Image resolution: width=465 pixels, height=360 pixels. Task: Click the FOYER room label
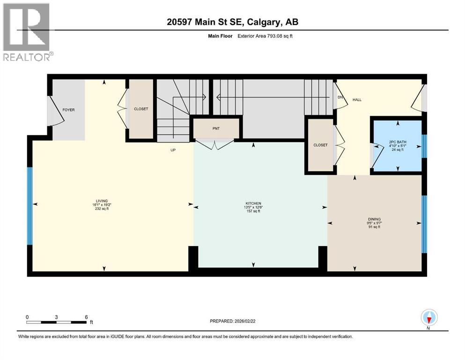pyautogui.click(x=68, y=110)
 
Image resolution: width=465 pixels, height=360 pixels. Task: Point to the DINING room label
pyautogui.click(x=374, y=219)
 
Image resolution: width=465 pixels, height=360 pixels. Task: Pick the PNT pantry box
pyautogui.click(x=215, y=128)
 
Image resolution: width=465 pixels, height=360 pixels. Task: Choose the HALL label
pyautogui.click(x=357, y=99)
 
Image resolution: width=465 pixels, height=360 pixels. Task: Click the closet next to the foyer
pyautogui.click(x=141, y=109)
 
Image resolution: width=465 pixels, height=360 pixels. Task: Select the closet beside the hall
pyautogui.click(x=320, y=145)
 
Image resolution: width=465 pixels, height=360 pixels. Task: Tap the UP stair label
pyautogui.click(x=172, y=150)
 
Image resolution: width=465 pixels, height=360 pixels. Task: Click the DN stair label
pyautogui.click(x=340, y=97)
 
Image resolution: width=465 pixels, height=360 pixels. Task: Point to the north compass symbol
pyautogui.click(x=429, y=318)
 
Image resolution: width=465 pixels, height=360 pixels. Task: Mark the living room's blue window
pyautogui.click(x=30, y=206)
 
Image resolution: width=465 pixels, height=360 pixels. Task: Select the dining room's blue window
pyautogui.click(x=424, y=224)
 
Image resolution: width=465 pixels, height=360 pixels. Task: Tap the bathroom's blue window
pyautogui.click(x=424, y=146)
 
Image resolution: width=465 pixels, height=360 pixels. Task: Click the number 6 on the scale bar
pyautogui.click(x=86, y=317)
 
